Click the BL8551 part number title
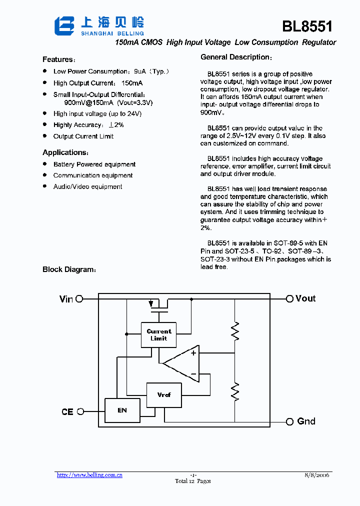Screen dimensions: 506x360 (307, 26)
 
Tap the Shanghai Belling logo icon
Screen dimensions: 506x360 (64, 26)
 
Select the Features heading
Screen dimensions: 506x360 (58, 59)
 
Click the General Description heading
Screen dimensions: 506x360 (236, 57)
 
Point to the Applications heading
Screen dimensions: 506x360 (65, 152)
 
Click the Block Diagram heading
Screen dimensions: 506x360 (69, 269)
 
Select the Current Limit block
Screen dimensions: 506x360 (159, 334)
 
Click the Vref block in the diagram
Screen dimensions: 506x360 (163, 395)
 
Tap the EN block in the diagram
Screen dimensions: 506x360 (122, 410)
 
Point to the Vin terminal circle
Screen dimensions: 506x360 (79, 299)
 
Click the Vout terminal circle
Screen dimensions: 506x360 (289, 299)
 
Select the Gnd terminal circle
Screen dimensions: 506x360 (289, 422)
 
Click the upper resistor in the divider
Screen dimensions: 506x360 (234, 331)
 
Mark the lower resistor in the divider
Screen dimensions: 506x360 (234, 391)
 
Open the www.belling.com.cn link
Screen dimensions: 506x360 (89, 475)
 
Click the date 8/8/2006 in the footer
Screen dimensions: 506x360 (316, 475)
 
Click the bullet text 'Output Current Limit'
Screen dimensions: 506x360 (83, 136)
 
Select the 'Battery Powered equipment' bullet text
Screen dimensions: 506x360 (94, 164)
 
